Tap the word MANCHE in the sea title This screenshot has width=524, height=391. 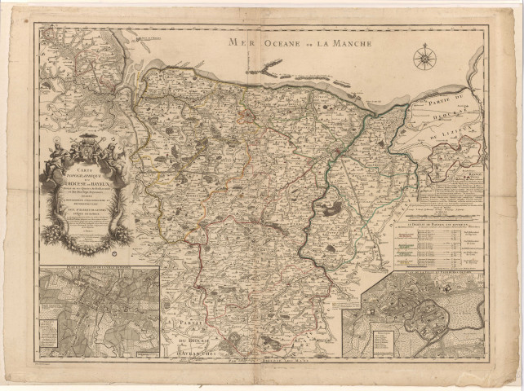coord(351,42)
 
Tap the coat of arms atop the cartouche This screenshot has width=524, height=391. coord(90,152)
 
